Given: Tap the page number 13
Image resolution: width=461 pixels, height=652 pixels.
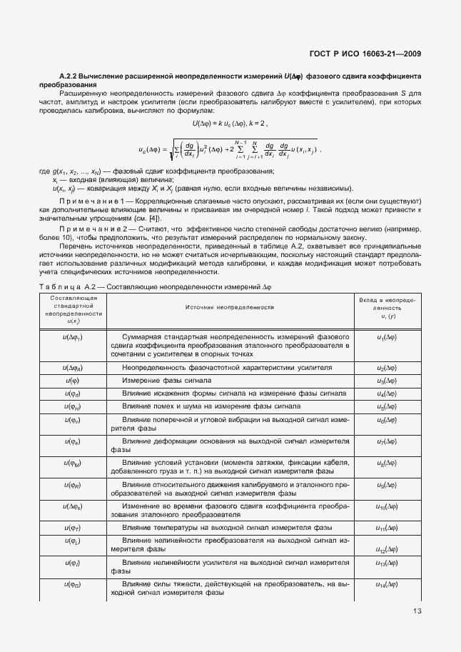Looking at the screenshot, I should [x=416, y=611].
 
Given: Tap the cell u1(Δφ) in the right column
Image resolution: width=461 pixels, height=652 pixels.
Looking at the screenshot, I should [x=387, y=336].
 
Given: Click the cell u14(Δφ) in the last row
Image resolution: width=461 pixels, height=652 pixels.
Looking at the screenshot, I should [x=387, y=585].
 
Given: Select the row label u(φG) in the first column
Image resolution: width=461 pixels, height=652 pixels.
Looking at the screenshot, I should [x=72, y=585].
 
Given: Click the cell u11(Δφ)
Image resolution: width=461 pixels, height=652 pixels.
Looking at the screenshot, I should [x=387, y=528].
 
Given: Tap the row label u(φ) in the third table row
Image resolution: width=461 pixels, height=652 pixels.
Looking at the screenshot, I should [x=72, y=381].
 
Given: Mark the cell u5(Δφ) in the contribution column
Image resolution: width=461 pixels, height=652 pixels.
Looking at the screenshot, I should [x=387, y=406].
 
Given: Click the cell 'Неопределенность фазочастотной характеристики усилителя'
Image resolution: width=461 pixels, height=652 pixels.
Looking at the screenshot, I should [x=227, y=368].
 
